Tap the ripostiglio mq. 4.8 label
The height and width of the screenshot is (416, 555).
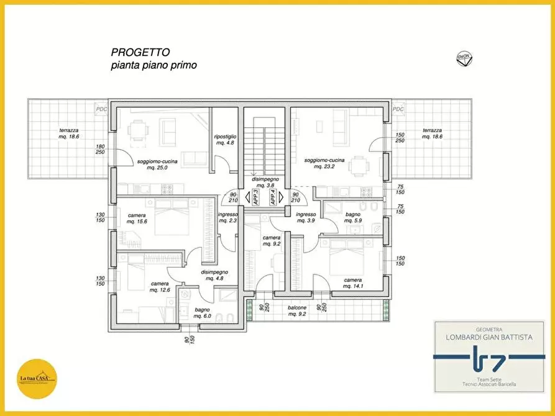click(x=224, y=139)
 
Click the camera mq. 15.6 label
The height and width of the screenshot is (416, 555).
click(x=137, y=219)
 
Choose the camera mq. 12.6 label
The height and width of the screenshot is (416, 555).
click(x=159, y=286)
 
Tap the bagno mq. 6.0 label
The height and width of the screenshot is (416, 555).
click(x=202, y=313)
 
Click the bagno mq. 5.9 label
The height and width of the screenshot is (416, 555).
click(x=353, y=217)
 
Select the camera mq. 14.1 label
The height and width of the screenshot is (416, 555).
click(x=353, y=283)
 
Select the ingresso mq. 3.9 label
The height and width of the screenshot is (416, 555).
click(x=306, y=217)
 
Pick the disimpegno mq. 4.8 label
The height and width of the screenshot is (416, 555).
click(x=214, y=275)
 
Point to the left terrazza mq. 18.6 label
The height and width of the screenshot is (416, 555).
click(x=68, y=133)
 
